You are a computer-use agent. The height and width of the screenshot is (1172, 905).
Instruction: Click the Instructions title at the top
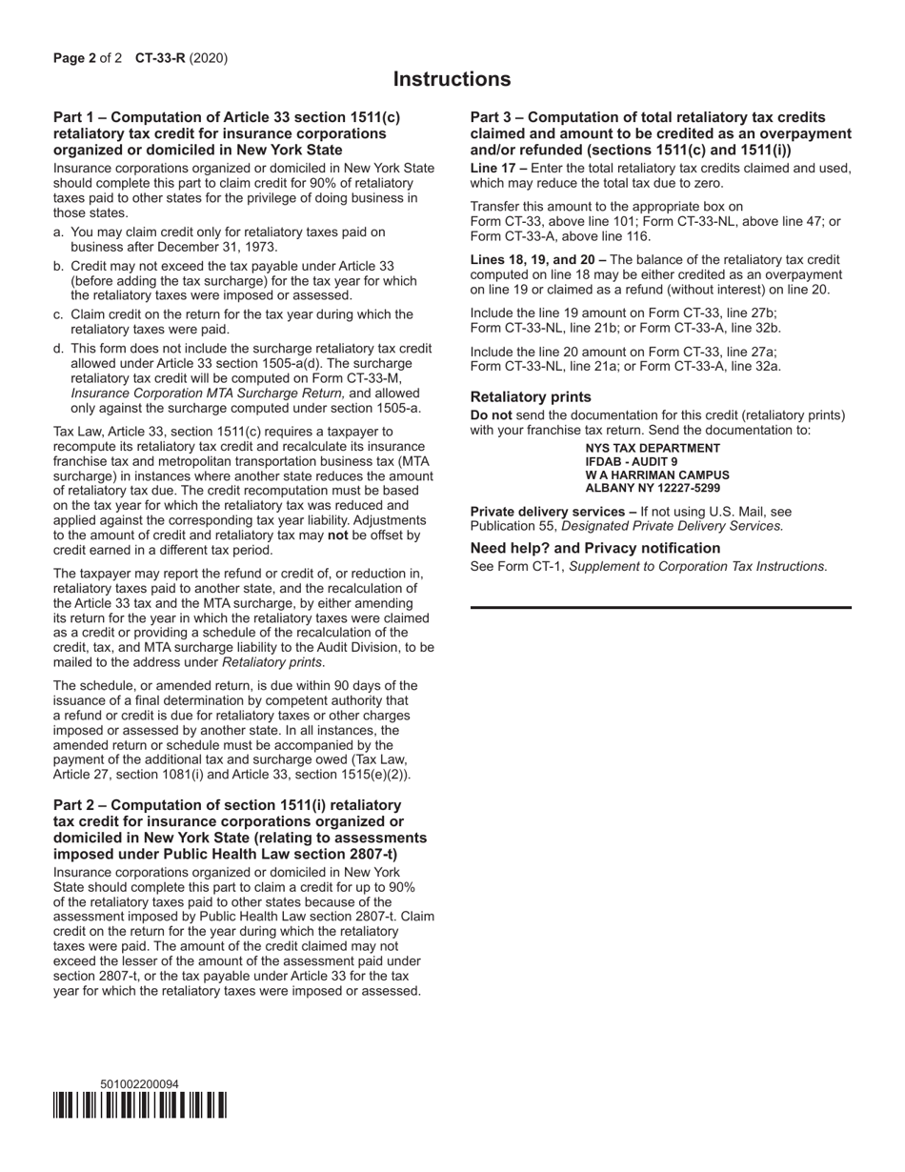(452, 79)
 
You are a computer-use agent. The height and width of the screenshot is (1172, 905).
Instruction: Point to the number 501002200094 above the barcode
(139, 1083)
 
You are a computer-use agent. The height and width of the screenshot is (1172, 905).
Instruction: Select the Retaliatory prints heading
(531, 396)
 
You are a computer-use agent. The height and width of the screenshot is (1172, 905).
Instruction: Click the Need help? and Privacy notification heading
(594, 548)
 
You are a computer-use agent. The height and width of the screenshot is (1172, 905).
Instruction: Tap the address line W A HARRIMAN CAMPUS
(657, 475)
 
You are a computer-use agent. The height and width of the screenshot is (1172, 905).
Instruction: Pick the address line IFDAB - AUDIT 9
(632, 461)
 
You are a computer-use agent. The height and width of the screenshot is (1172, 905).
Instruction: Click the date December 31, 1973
(223, 247)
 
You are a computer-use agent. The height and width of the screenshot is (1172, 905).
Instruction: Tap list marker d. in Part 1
(59, 349)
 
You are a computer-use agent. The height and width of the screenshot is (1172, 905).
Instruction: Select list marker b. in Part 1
(59, 266)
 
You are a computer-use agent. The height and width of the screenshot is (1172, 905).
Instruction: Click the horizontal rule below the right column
(660, 607)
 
